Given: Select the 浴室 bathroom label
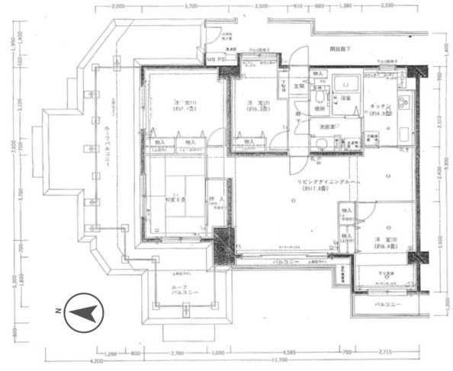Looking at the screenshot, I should coord(345,98).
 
